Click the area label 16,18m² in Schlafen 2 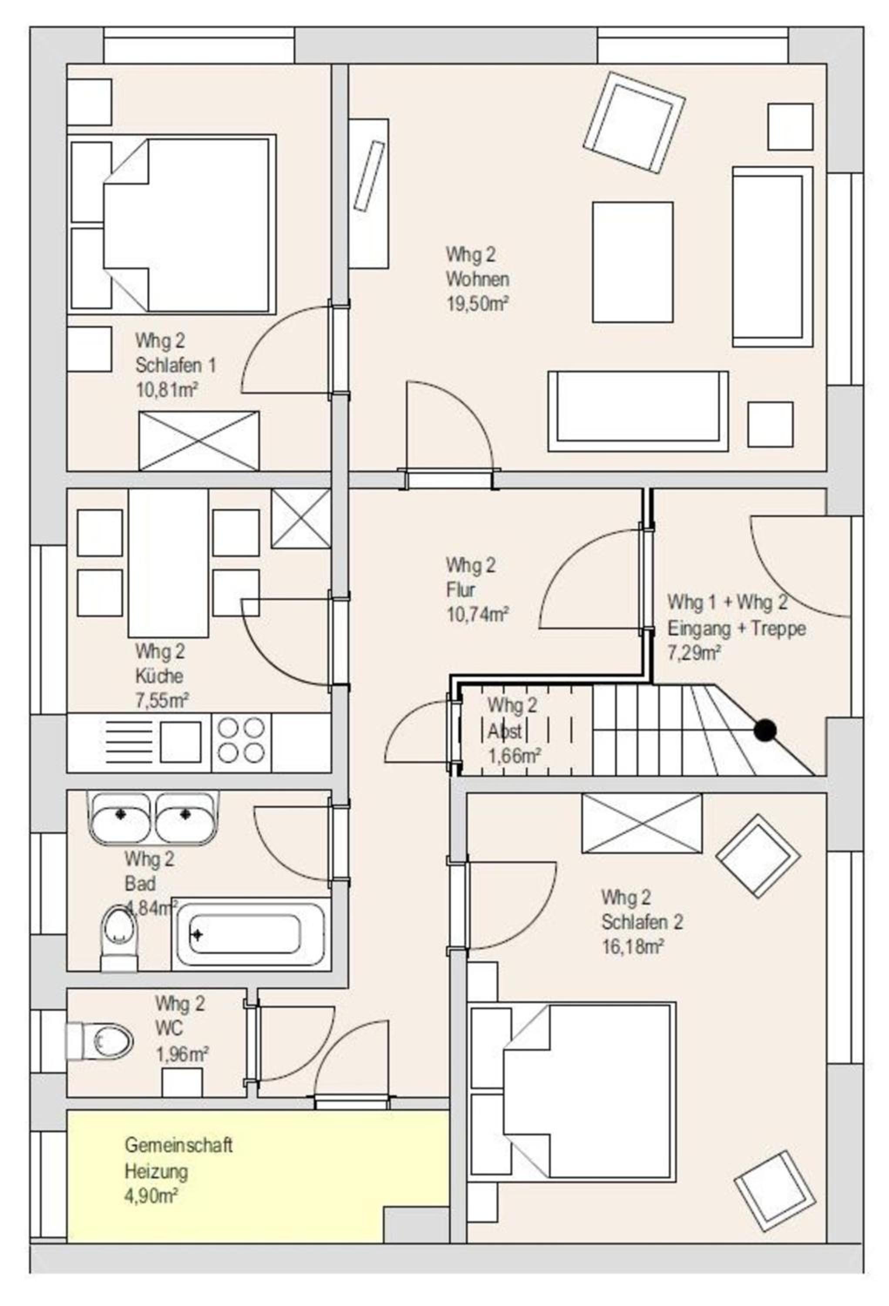[x=632, y=946]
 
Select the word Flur [x=460, y=589]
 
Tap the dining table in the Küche [x=168, y=562]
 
